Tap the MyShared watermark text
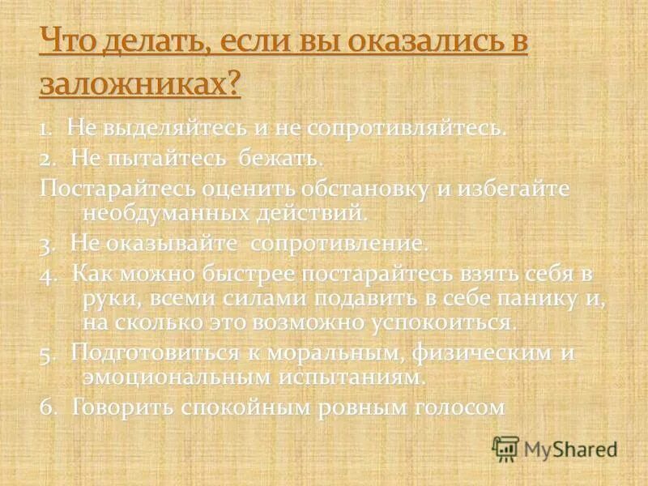click(570, 448)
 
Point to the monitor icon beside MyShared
click(505, 448)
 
